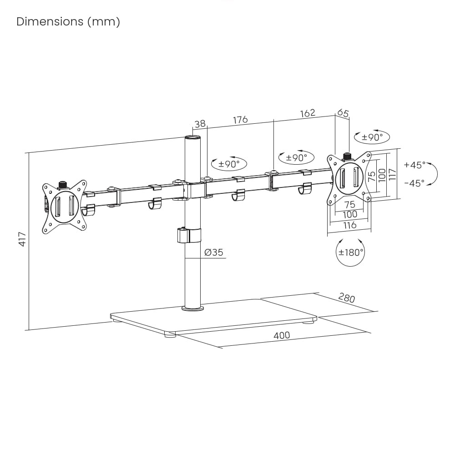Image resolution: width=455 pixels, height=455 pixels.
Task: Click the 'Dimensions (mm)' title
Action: (x=68, y=22)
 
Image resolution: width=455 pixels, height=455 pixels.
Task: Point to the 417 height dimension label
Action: (x=22, y=239)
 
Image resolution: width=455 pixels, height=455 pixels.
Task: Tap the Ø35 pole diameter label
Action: (x=214, y=252)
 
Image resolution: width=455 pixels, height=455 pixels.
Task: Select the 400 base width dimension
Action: (x=282, y=336)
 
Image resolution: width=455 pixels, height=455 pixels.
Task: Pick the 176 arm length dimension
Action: (x=240, y=120)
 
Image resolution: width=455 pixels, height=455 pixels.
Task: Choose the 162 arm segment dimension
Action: (x=308, y=113)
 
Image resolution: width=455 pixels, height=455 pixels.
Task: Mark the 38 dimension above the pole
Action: (x=200, y=124)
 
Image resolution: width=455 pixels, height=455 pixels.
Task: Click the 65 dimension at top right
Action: (x=343, y=113)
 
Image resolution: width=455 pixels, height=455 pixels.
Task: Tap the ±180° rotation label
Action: (x=351, y=252)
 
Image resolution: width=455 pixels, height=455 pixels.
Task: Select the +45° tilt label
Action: (x=415, y=165)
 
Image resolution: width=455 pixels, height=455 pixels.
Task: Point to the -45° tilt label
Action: (x=415, y=183)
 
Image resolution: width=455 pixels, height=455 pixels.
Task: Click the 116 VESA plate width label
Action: (x=349, y=225)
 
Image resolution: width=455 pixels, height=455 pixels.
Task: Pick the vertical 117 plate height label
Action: (x=393, y=174)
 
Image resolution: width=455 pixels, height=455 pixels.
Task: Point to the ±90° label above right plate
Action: (x=372, y=136)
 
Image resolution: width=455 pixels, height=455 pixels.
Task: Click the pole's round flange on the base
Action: (x=192, y=308)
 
